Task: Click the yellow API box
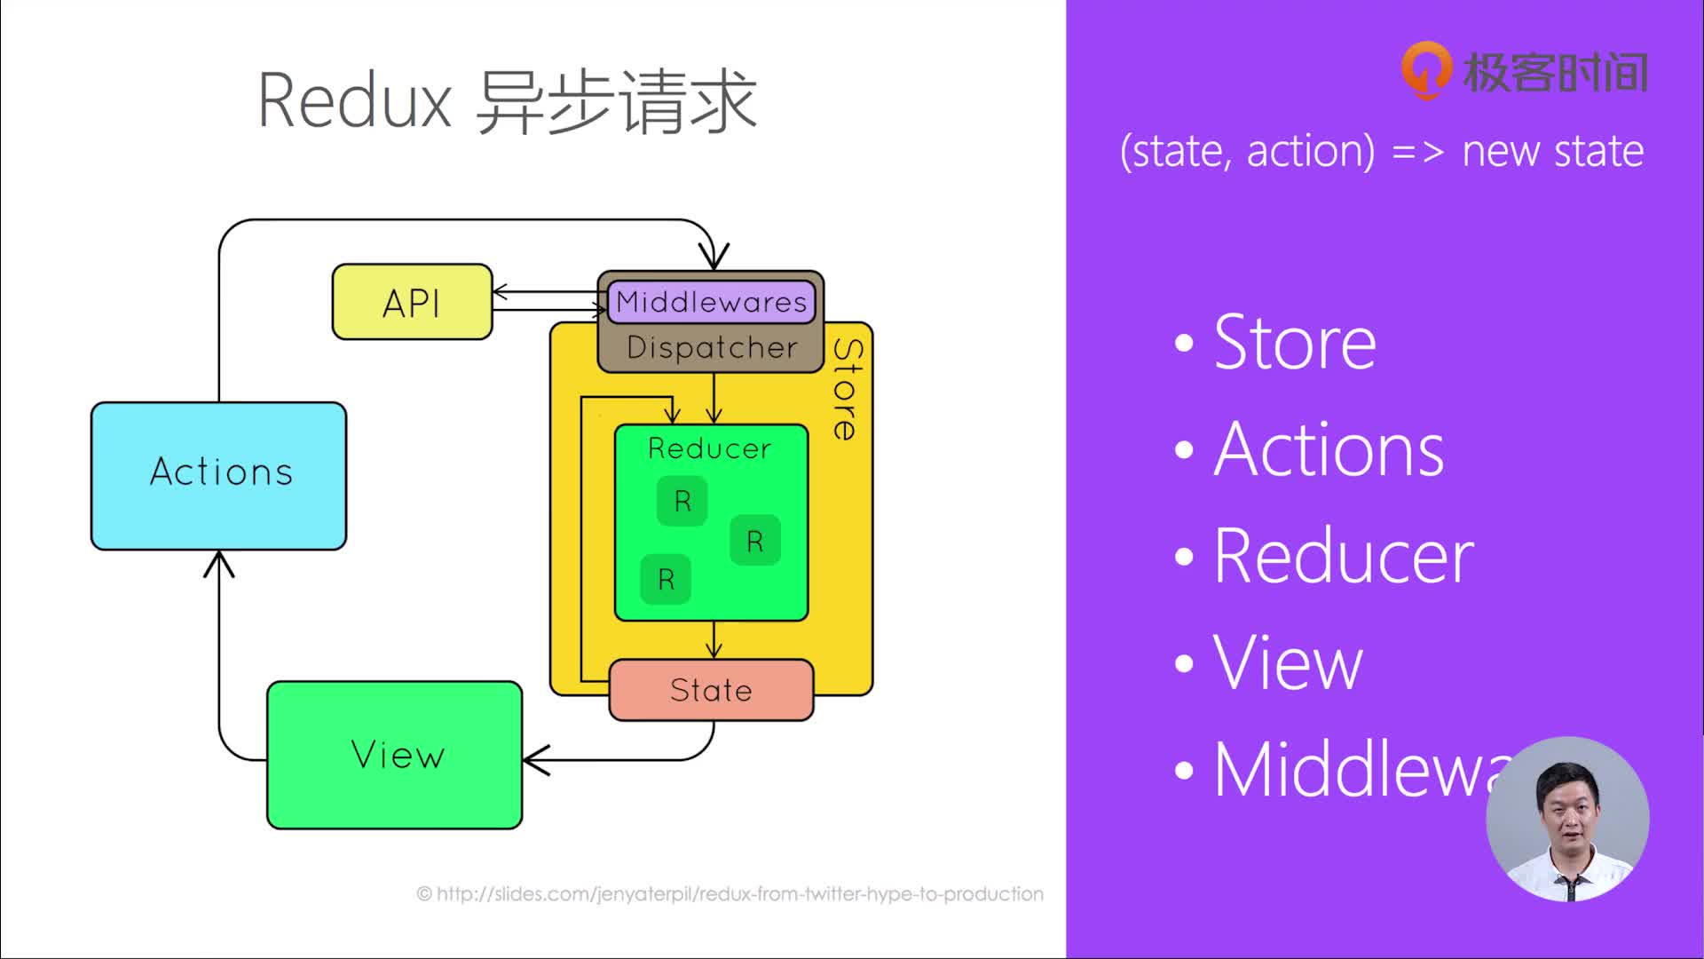pos(412,303)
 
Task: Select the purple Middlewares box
pos(711,302)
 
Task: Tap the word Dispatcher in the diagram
pos(712,348)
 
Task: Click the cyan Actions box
pos(219,475)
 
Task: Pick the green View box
pos(395,755)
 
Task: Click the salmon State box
pos(711,690)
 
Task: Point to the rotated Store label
pos(848,389)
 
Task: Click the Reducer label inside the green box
pos(710,448)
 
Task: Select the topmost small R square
pos(682,502)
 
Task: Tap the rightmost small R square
pos(755,541)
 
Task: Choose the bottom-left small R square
pos(667,580)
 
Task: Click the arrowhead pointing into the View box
pos(535,760)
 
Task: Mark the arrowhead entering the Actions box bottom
pos(219,562)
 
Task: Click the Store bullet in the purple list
pos(1294,343)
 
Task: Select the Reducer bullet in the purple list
pos(1342,557)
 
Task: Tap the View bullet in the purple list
pos(1287,663)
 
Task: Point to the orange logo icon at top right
pos(1426,69)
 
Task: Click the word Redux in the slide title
pos(355,101)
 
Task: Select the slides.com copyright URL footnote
pos(730,894)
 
